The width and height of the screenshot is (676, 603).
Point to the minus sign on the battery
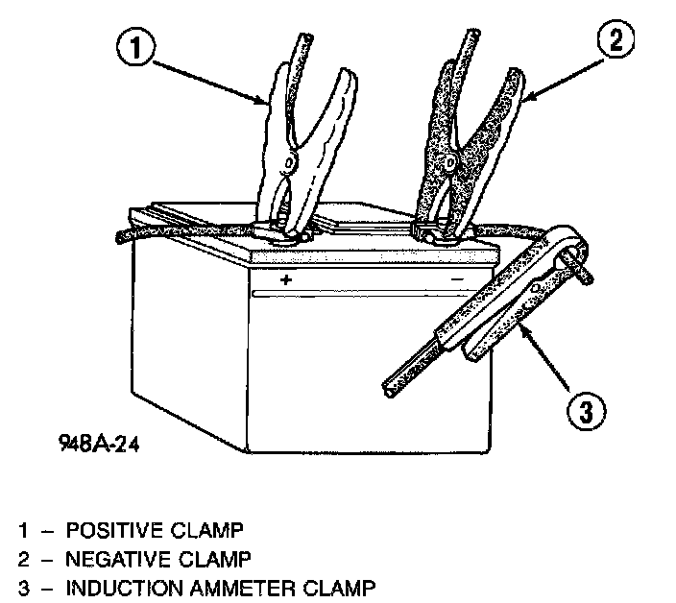[457, 278]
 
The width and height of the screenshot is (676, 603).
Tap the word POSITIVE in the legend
[108, 529]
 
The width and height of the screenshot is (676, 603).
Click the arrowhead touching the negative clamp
[526, 94]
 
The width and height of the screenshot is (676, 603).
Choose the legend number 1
[21, 529]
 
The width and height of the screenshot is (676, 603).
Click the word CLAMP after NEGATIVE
[215, 557]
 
